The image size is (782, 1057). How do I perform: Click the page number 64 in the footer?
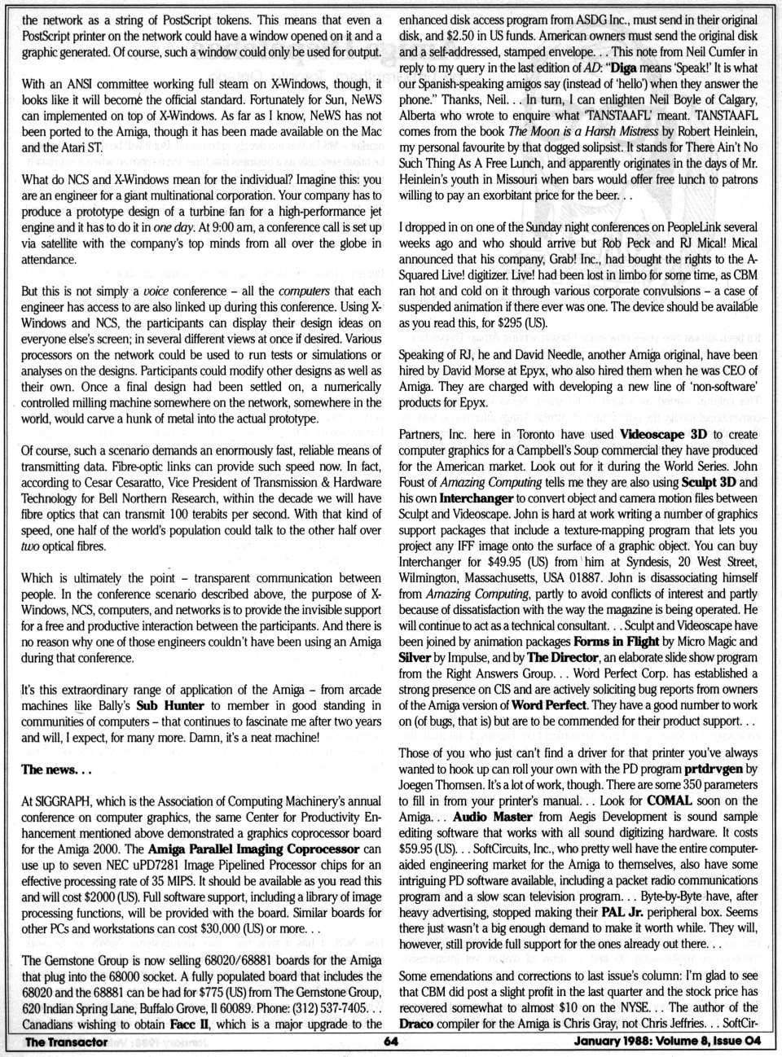(389, 1041)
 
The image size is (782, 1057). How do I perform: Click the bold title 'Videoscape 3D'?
(663, 434)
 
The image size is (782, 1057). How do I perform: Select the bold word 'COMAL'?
(670, 800)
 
